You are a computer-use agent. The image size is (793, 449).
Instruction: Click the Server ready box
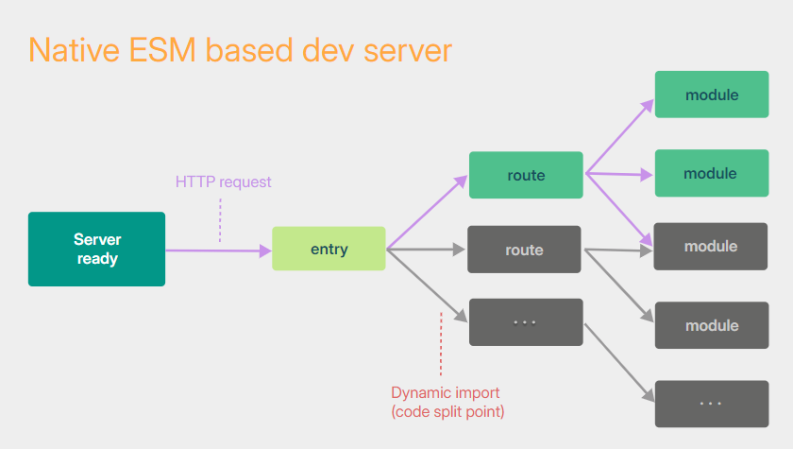coord(96,249)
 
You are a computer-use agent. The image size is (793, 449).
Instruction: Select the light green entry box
coord(329,249)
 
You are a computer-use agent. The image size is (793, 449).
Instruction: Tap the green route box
coord(526,175)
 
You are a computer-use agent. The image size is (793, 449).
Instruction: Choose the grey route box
coord(524,250)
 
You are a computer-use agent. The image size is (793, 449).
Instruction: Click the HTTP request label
coord(223,181)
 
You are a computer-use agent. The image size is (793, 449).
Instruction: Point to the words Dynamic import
coord(445,393)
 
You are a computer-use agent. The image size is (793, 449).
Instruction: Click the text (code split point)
coord(447,411)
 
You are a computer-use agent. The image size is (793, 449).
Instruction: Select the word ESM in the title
coord(162,50)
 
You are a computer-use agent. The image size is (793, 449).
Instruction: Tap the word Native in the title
coord(74,50)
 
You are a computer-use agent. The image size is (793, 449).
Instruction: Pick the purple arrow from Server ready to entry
coord(218,250)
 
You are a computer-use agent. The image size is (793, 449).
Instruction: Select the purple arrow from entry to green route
coord(428,212)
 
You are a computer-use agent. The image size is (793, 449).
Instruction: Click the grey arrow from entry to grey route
coord(426,249)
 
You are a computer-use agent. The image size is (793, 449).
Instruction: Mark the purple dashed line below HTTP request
coord(220,220)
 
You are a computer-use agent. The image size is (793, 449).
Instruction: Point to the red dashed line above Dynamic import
coord(441,344)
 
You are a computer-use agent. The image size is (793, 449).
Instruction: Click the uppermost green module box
coord(712,95)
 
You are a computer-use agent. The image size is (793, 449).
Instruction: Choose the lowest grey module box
coord(712,325)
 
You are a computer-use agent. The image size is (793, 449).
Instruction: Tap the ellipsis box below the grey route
coord(526,322)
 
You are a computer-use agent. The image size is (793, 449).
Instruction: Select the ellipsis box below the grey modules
coord(712,404)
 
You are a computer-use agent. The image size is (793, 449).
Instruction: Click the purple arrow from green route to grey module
coord(619,210)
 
